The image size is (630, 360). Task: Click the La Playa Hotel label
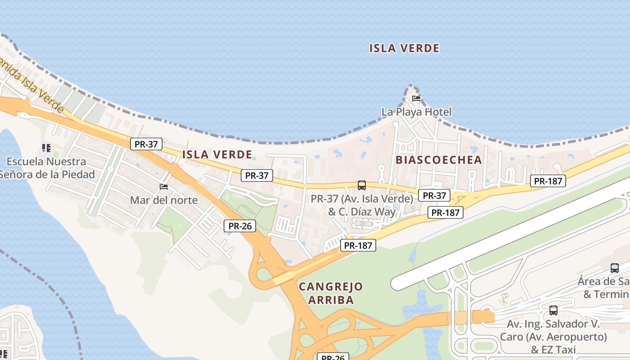click(416, 112)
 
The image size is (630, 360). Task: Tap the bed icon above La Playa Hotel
click(416, 99)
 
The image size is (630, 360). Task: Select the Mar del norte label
click(164, 200)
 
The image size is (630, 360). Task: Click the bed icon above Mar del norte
click(164, 187)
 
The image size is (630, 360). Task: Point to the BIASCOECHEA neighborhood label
click(438, 160)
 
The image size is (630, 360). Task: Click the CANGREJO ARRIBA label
click(331, 293)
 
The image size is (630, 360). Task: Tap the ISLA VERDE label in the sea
click(404, 48)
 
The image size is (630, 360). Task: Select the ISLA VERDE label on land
click(217, 155)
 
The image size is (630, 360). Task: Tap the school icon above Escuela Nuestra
click(46, 148)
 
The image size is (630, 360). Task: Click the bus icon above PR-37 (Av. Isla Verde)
click(361, 185)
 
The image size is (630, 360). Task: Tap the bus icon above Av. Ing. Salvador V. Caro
click(553, 310)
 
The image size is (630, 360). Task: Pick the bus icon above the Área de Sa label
click(614, 268)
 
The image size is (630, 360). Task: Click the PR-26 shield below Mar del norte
click(240, 226)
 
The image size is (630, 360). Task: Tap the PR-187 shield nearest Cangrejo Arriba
click(358, 245)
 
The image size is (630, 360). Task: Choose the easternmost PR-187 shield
click(548, 181)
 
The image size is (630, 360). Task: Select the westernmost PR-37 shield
click(146, 144)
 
